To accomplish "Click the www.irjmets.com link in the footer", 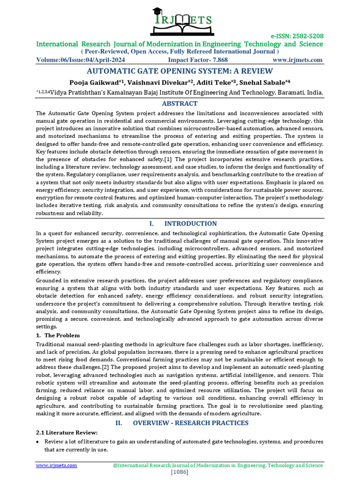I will point(57,465).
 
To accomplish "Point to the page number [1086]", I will point(180,472).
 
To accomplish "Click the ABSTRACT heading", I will point(180,103).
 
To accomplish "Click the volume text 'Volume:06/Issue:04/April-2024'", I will point(81,60).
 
